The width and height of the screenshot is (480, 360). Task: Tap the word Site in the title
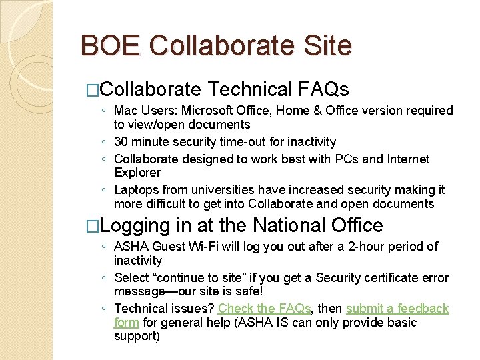[327, 46]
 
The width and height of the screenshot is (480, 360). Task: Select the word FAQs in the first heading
[325, 89]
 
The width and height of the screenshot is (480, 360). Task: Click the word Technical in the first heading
[250, 89]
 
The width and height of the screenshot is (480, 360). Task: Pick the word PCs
[336, 159]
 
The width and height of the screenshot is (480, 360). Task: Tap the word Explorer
[137, 173]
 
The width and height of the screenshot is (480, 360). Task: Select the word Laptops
[136, 190]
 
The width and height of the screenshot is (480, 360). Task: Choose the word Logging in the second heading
[137, 225]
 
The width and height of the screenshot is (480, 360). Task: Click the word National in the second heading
[275, 225]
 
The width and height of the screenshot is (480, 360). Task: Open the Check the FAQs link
[264, 309]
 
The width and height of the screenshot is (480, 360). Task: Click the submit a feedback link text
[397, 309]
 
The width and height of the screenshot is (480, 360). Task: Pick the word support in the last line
[136, 337]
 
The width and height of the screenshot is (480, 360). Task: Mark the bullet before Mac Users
[105, 111]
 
